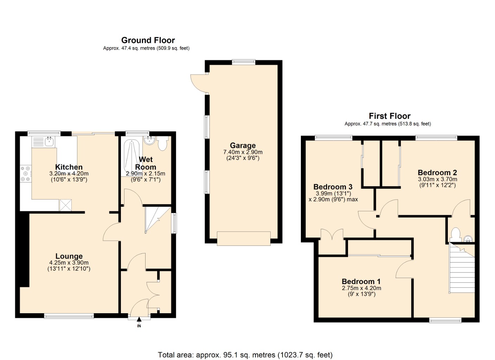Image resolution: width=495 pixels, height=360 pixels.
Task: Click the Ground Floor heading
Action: pos(148,40)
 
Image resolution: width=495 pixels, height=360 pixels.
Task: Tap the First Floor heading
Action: pos(389,116)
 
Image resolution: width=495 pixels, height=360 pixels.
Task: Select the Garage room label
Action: pos(243,146)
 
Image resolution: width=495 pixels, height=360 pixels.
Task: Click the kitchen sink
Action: pos(49,142)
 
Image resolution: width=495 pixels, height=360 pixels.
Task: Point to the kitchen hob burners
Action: pos(26,174)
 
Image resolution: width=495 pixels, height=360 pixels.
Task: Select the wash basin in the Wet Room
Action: pos(150,140)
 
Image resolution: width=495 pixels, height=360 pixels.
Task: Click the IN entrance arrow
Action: pos(139,320)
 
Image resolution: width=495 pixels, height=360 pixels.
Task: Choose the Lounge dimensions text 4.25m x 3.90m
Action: pos(69,263)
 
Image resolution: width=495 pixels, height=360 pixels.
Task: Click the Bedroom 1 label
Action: pos(361,282)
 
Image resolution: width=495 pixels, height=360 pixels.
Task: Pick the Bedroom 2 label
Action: pos(437,173)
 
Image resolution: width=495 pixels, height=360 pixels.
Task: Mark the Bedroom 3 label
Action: pos(333,187)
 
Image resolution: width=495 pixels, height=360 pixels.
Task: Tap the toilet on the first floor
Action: pos(455,234)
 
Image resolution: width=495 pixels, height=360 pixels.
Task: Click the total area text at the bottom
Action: pos(245,355)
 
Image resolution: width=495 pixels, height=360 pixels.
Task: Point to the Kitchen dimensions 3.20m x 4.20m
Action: pos(69,174)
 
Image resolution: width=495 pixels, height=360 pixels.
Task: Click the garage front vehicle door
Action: pos(244,238)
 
